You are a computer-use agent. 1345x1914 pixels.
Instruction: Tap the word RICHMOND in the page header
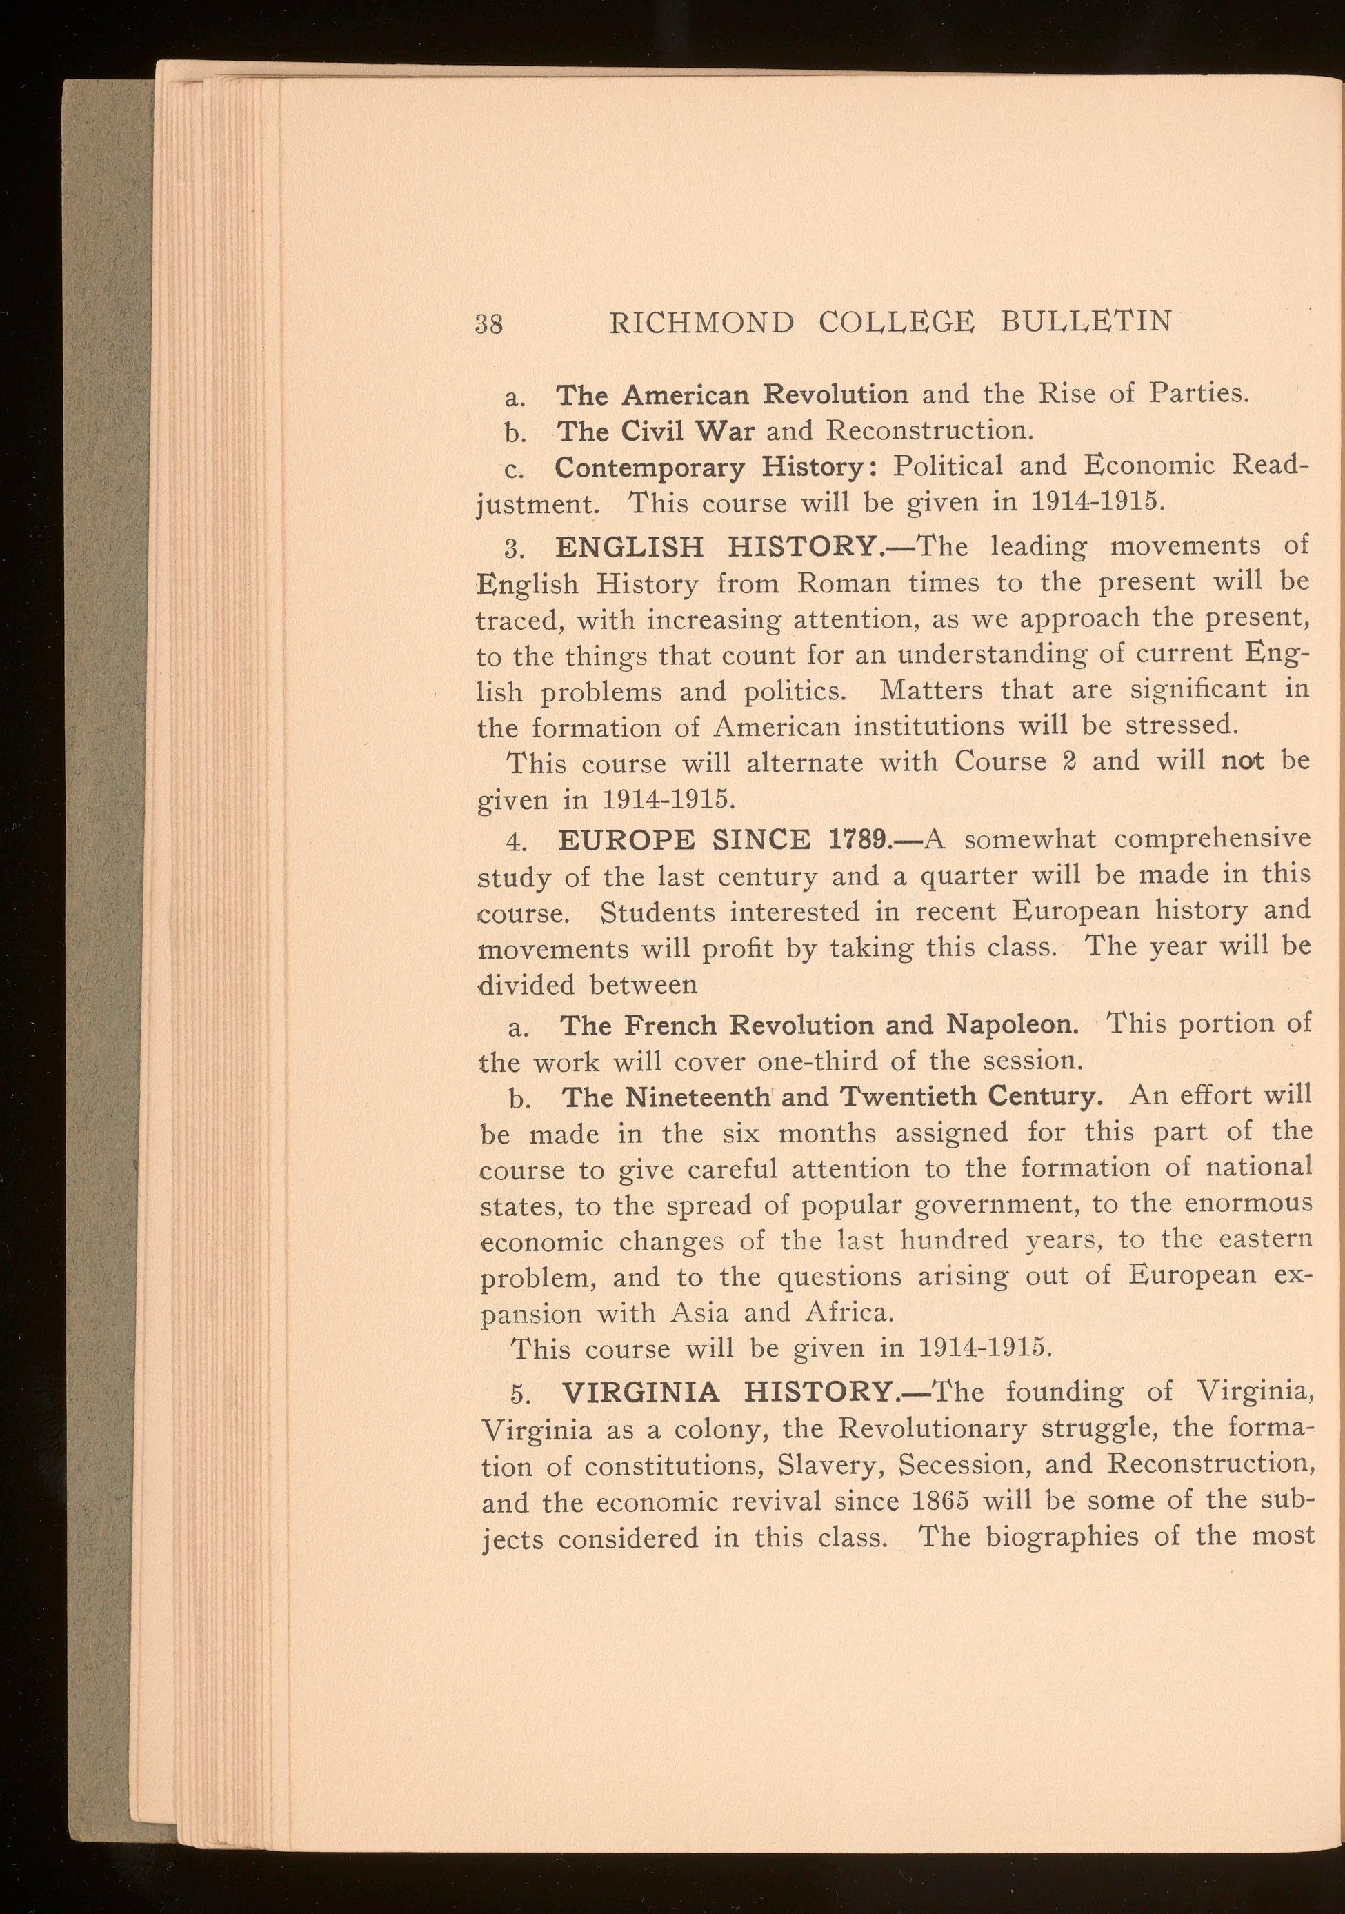coord(701,323)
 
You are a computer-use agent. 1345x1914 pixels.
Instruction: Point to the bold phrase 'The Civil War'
coord(655,430)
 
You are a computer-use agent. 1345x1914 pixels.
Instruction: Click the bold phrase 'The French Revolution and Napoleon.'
coord(819,1024)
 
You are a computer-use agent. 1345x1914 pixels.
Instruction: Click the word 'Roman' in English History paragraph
coord(844,584)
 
